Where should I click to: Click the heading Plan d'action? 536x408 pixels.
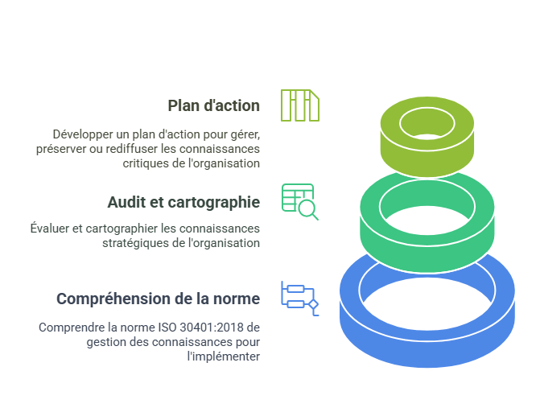pyautogui.click(x=213, y=105)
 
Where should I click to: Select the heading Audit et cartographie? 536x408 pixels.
pyautogui.click(x=183, y=202)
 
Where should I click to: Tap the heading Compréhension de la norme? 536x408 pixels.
pyautogui.click(x=159, y=299)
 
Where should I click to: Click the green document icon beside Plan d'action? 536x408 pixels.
pyautogui.click(x=300, y=105)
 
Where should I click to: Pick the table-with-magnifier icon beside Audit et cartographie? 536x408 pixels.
pyautogui.click(x=300, y=202)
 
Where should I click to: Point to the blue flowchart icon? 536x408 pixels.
pyautogui.click(x=300, y=299)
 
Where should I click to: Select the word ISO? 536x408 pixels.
pyautogui.click(x=167, y=328)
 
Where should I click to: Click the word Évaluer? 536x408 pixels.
pyautogui.click(x=50, y=229)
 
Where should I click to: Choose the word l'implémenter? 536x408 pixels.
pyautogui.click(x=224, y=356)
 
